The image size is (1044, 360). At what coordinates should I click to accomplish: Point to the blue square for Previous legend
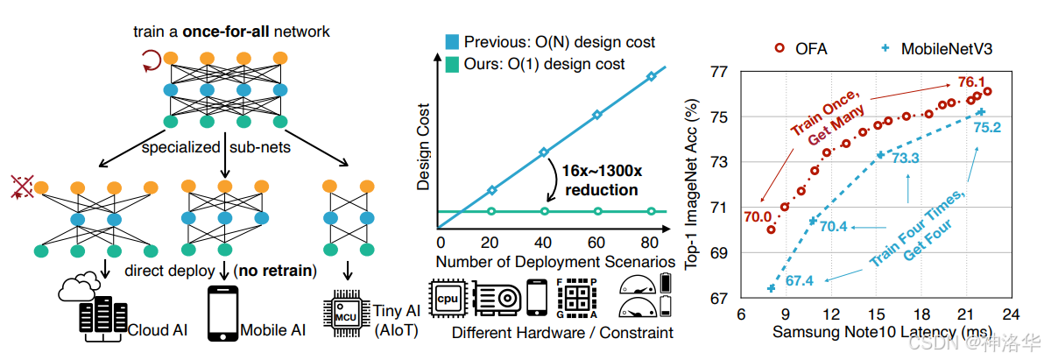[x=450, y=42]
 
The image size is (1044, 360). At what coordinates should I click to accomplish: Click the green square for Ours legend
[x=450, y=64]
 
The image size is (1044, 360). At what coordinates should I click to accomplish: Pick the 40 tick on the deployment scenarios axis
[x=544, y=243]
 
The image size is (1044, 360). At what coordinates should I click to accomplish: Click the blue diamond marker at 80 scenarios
[x=651, y=77]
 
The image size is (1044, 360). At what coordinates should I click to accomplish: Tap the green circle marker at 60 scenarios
[x=597, y=211]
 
